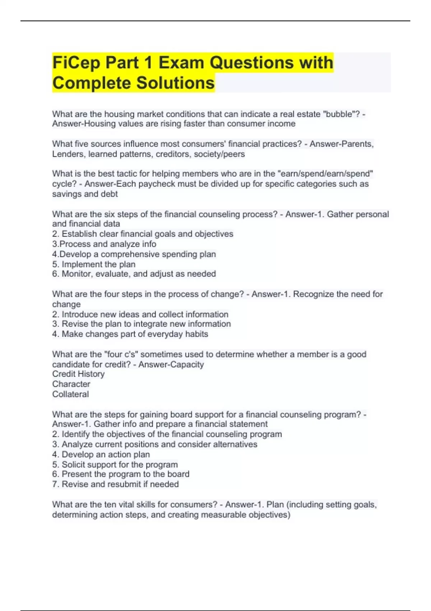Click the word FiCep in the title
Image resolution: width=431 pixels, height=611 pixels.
coord(76,63)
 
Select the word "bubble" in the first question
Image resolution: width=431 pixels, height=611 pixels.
coord(339,114)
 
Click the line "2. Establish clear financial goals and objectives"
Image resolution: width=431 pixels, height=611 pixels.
coord(143,234)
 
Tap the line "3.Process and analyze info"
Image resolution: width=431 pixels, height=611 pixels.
coord(104,244)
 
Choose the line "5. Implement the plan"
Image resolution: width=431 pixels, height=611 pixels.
coord(94,264)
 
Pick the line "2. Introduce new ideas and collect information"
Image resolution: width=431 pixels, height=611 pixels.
coord(140,314)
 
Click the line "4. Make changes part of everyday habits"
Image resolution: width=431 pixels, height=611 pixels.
coord(130,334)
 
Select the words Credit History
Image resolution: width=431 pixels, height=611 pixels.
coord(78,374)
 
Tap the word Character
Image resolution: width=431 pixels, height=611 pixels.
coord(71,384)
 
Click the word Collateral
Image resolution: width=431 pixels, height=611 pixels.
coord(70,394)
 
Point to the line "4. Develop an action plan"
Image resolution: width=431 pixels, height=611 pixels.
coord(101,454)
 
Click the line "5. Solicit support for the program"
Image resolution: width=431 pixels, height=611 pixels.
coord(115,464)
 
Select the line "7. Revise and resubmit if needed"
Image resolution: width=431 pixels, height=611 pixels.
coord(115,484)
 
